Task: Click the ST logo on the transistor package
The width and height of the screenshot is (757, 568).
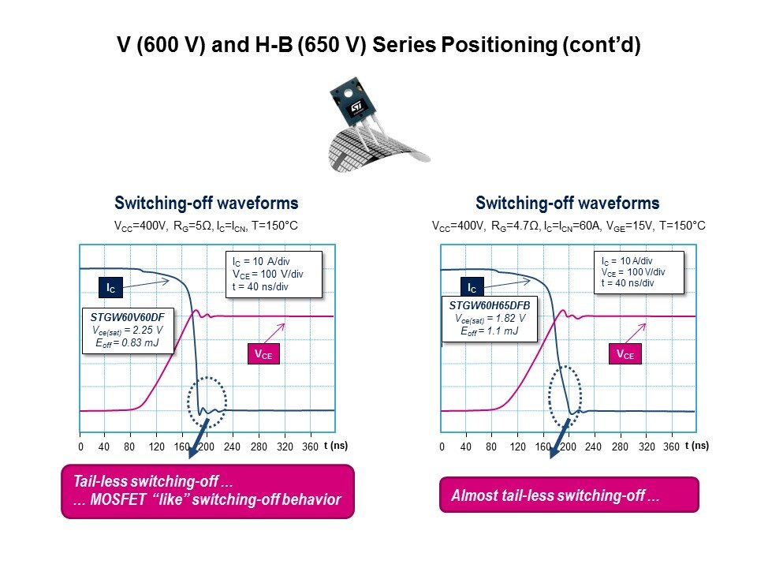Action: pyautogui.click(x=356, y=106)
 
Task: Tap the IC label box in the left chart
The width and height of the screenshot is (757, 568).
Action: pyautogui.click(x=110, y=288)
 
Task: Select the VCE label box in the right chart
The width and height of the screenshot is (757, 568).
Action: pyautogui.click(x=625, y=354)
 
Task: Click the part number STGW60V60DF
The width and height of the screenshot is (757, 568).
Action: pyautogui.click(x=128, y=317)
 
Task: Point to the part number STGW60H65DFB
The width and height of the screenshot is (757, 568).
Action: pyautogui.click(x=490, y=305)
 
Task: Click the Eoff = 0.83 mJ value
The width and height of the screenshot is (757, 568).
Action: pyautogui.click(x=128, y=343)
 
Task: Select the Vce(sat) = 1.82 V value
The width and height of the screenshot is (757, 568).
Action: pyautogui.click(x=490, y=318)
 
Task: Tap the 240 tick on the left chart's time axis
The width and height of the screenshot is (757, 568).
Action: pyautogui.click(x=232, y=447)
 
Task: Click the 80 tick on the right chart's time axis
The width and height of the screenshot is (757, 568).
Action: pyautogui.click(x=491, y=447)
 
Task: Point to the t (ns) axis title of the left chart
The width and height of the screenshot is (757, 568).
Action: pyautogui.click(x=336, y=445)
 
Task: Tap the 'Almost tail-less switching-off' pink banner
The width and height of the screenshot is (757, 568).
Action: pyautogui.click(x=569, y=495)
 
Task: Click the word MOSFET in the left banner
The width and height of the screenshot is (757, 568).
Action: pyautogui.click(x=117, y=499)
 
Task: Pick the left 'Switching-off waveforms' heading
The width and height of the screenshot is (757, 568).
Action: pyautogui.click(x=206, y=203)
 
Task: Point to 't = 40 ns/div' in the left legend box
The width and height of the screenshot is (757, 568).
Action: pyautogui.click(x=260, y=286)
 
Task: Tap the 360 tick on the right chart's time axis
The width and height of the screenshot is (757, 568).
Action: pyautogui.click(x=671, y=447)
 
